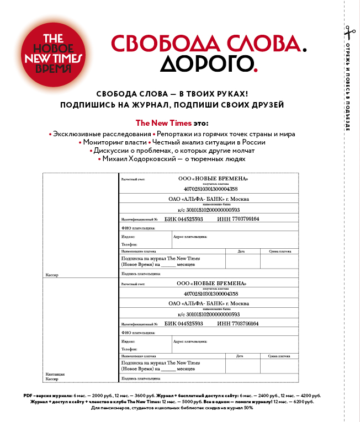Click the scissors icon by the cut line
347,31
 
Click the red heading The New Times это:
176,122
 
